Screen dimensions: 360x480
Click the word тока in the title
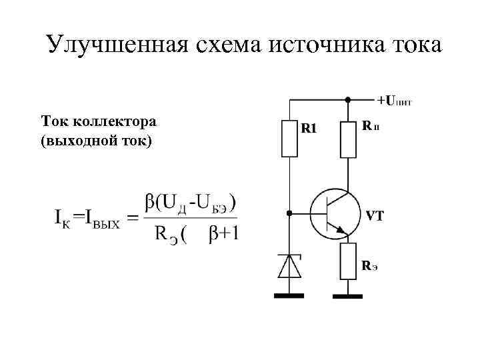(413, 45)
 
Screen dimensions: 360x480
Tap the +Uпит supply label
(395, 101)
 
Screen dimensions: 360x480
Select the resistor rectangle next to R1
(289, 139)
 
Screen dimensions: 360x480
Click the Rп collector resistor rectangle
(348, 139)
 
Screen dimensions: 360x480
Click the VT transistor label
(374, 217)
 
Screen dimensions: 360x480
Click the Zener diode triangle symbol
(289, 266)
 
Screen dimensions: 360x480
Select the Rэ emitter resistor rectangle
(348, 261)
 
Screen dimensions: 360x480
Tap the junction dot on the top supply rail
(348, 100)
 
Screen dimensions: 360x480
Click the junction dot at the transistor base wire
(289, 214)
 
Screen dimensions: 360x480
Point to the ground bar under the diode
(289, 295)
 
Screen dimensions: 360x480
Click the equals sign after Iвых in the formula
(131, 217)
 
